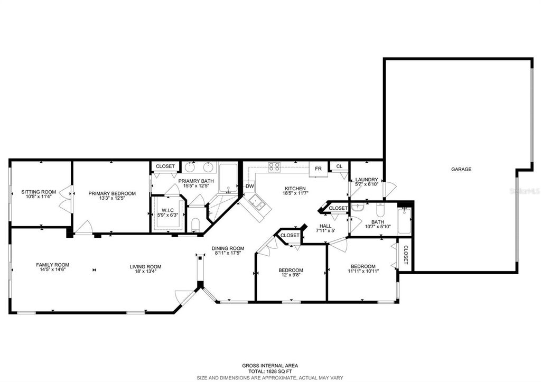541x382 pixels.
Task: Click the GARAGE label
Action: pyautogui.click(x=461, y=169)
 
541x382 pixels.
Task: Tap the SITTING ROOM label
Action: pyautogui.click(x=39, y=192)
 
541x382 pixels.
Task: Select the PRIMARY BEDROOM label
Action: pyautogui.click(x=112, y=193)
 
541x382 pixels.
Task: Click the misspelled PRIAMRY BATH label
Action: pyautogui.click(x=194, y=181)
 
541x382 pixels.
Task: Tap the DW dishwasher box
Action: pyautogui.click(x=249, y=187)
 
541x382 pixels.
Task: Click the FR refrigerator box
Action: pyautogui.click(x=319, y=168)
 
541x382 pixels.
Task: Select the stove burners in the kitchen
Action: pyautogui.click(x=274, y=167)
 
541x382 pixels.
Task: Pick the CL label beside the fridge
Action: pyautogui.click(x=339, y=166)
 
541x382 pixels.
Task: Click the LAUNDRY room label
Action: pyautogui.click(x=366, y=180)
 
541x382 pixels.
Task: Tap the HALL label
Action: pyautogui.click(x=325, y=226)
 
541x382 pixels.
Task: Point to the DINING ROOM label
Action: pyautogui.click(x=228, y=248)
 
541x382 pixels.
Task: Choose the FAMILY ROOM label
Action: pyautogui.click(x=53, y=265)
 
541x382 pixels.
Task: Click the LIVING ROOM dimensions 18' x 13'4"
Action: pyautogui.click(x=145, y=273)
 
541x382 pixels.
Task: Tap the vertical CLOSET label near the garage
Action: pyautogui.click(x=406, y=255)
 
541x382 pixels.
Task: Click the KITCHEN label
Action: pyautogui.click(x=295, y=189)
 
